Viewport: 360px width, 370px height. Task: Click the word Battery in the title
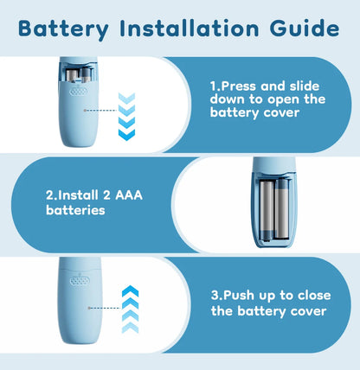(x=63, y=29)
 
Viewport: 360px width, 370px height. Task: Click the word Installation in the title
(x=190, y=29)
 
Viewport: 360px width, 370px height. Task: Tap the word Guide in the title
(x=305, y=29)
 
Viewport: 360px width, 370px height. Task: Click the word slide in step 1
(x=305, y=86)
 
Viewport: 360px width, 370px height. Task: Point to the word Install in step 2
(x=78, y=195)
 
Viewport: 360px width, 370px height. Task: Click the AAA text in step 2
(x=129, y=195)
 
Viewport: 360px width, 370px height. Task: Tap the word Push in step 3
(x=239, y=295)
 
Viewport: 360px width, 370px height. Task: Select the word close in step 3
(x=314, y=296)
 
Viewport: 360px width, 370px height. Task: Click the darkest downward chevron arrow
(x=126, y=135)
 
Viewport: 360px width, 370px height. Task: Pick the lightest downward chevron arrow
(x=126, y=98)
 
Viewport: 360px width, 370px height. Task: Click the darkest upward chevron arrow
(x=131, y=291)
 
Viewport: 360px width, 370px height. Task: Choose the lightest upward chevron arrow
(x=131, y=328)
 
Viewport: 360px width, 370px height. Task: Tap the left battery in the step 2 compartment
(x=267, y=210)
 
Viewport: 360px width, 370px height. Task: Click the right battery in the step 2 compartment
(x=281, y=209)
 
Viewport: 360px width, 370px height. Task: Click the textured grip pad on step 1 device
(x=79, y=92)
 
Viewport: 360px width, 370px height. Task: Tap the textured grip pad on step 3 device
(x=80, y=281)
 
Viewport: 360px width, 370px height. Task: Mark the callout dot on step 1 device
(x=85, y=111)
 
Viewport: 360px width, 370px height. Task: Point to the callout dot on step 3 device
(x=89, y=308)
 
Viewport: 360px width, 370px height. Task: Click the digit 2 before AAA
(x=106, y=195)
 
